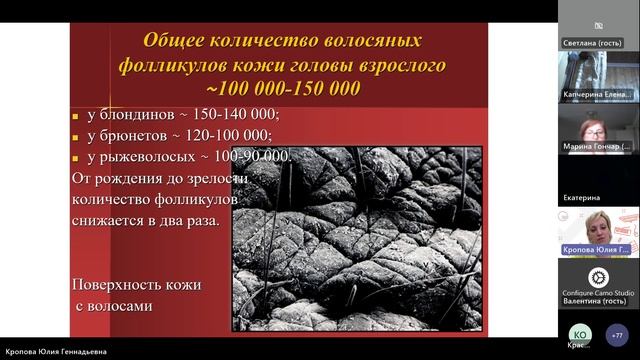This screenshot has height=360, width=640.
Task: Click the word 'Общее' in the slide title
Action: (176, 42)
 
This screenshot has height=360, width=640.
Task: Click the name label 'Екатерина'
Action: (582, 198)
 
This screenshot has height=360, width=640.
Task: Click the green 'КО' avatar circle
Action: (580, 334)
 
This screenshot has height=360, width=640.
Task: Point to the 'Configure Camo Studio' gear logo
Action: (597, 277)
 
